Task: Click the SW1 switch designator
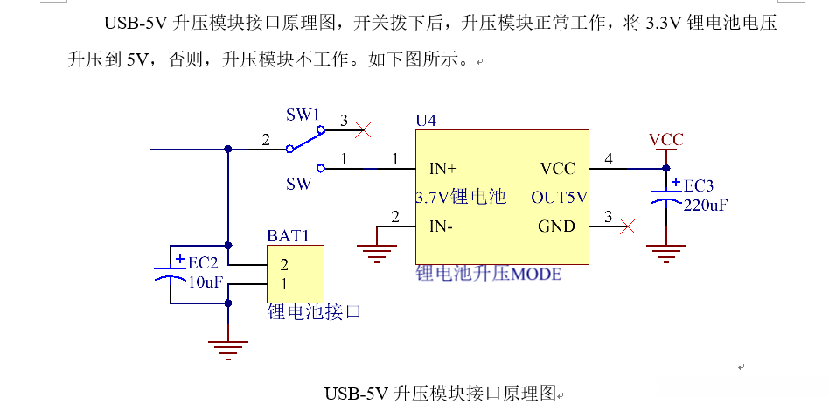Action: pos(303,115)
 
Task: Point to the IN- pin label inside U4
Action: pos(441,226)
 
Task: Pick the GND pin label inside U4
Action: pos(556,226)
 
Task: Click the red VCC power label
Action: pos(666,140)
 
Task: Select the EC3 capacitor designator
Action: pos(698,186)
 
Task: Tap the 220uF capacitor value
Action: pos(706,205)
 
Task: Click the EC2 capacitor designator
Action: pos(202,261)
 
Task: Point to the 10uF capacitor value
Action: pos(206,282)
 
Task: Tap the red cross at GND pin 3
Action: pos(627,227)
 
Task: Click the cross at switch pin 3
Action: pos(366,129)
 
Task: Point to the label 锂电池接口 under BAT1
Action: pos(314,311)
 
